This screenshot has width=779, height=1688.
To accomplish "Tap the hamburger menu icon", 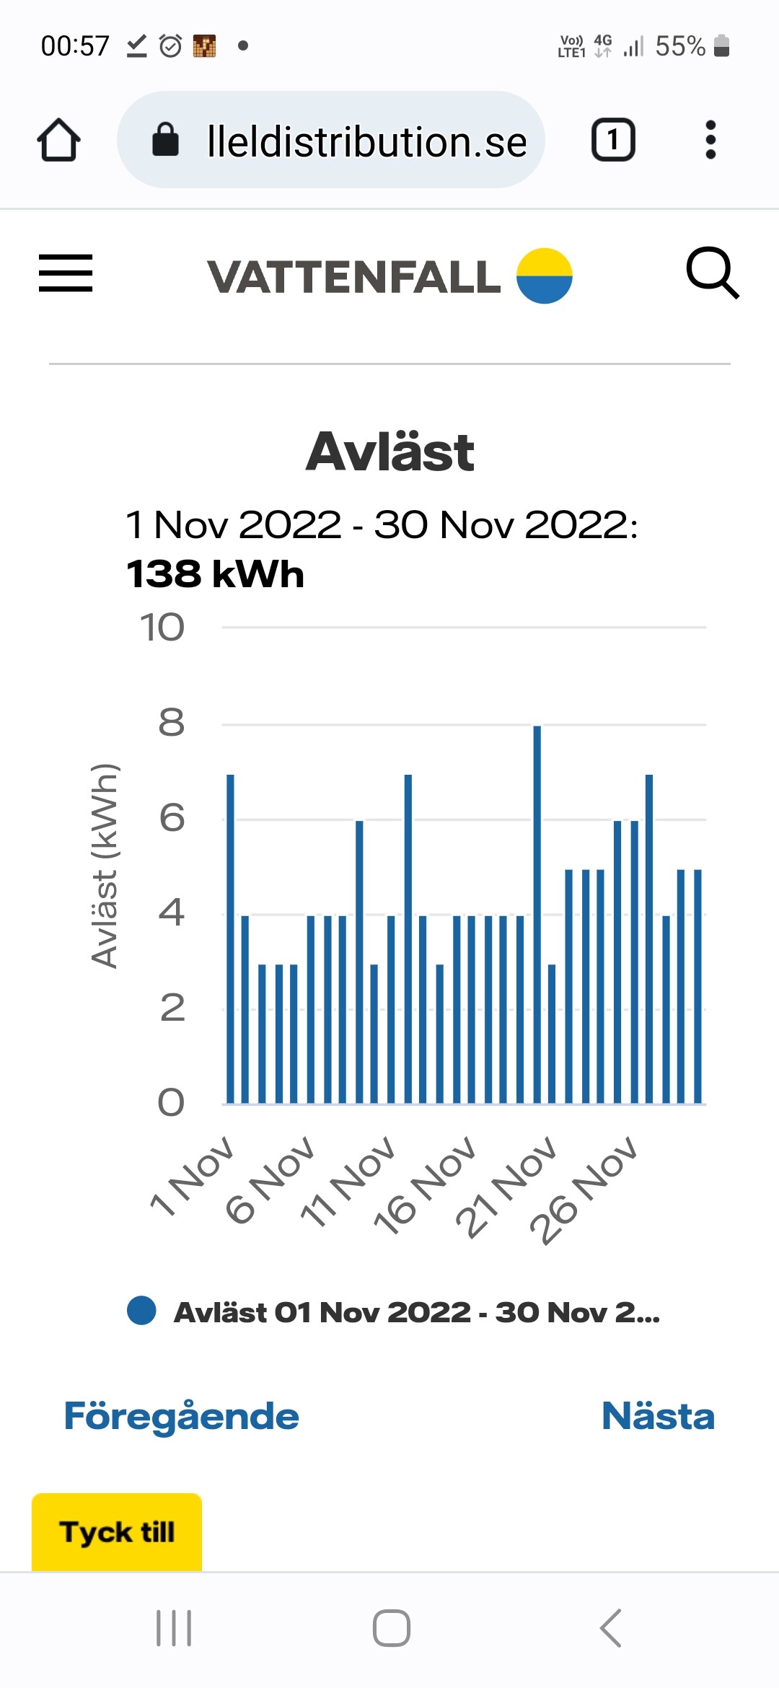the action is (x=66, y=273).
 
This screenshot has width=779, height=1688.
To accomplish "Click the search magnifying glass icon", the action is (x=712, y=273).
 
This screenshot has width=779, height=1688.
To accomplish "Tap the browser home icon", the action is (x=58, y=140).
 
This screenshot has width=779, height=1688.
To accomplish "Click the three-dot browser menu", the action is (x=710, y=140).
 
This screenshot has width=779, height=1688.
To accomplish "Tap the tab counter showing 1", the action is (x=613, y=139).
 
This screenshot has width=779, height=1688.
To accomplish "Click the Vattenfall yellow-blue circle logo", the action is (x=545, y=276).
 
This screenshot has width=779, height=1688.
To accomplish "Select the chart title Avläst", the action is (x=389, y=452).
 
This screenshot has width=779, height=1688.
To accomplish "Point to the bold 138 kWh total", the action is (x=215, y=574).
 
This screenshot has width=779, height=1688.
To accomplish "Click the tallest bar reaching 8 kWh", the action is (x=537, y=915).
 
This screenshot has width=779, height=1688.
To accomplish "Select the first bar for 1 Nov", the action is (x=231, y=939).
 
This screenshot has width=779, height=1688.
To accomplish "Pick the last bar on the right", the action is (x=697, y=987).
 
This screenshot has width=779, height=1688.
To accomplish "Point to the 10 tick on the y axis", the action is (x=162, y=628).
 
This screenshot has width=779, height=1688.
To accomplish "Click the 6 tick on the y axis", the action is (x=172, y=818).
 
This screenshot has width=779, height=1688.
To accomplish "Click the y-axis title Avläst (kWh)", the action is (x=105, y=866).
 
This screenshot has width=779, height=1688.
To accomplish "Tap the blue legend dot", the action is (x=141, y=1311).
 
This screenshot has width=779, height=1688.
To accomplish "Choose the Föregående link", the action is (x=181, y=1416).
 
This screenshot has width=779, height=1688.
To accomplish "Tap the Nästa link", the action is (x=658, y=1415).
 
